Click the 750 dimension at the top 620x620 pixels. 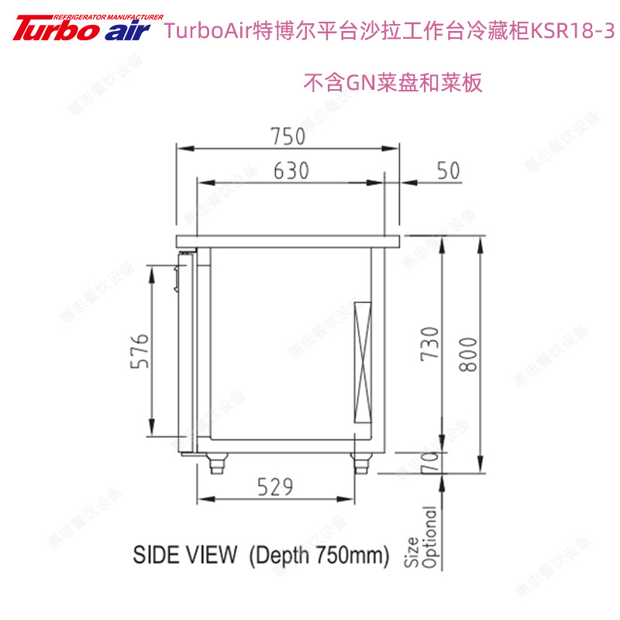click(x=288, y=136)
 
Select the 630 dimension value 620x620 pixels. click(x=291, y=170)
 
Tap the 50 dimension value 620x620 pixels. click(x=448, y=170)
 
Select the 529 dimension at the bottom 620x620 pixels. click(x=275, y=487)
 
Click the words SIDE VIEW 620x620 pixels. click(x=184, y=555)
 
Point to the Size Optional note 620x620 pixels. click(x=421, y=537)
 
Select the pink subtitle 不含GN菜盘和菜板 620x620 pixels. click(x=393, y=82)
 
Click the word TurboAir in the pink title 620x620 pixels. click(x=209, y=33)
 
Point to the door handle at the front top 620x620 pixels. click(x=178, y=276)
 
